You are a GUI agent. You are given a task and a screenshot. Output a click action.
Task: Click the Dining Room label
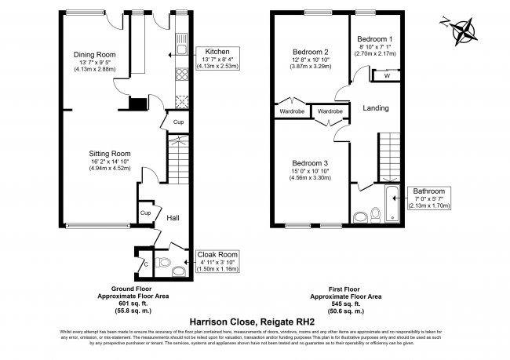click(89, 54)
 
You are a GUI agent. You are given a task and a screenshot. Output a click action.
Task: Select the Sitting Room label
click(110, 154)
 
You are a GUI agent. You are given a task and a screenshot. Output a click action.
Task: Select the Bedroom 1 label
click(376, 39)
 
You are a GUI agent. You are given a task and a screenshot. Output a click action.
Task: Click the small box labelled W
click(387, 76)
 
